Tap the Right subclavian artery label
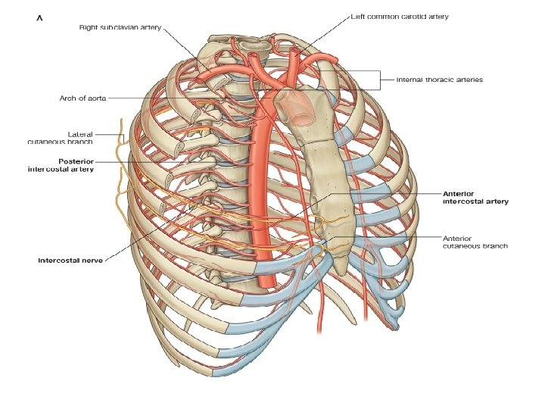point(120,27)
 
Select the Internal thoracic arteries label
point(440,79)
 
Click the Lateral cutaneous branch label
point(60,138)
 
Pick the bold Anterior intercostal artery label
point(475,198)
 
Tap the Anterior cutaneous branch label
point(475,242)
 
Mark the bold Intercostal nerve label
point(71,260)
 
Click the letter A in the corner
point(40,20)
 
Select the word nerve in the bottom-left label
point(92,260)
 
